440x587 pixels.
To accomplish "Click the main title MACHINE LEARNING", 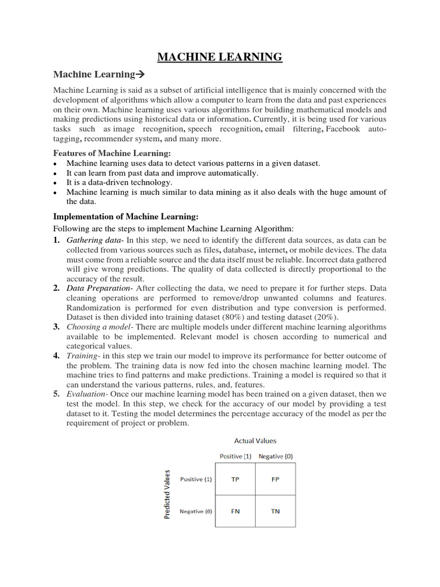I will coord(220,57).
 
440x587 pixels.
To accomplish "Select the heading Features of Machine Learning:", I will coord(112,153).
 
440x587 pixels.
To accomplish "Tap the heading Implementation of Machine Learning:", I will coord(125,216).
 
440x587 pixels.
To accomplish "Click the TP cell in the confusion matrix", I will coord(235,479).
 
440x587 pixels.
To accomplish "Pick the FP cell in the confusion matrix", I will coord(276,479).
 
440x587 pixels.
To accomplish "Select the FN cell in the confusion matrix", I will coord(235,511).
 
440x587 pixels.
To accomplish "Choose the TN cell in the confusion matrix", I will coord(276,511).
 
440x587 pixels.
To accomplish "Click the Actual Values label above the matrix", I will coord(255,441).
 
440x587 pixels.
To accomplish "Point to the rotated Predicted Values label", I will coord(167,494).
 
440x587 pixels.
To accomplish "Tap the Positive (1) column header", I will coord(235,456).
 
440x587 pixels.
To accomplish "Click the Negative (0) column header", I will coord(276,456).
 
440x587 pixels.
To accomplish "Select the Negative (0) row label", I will coord(195,511).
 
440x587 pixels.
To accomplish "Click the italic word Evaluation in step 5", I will coord(87,394).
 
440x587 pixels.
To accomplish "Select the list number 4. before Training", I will coord(57,356).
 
